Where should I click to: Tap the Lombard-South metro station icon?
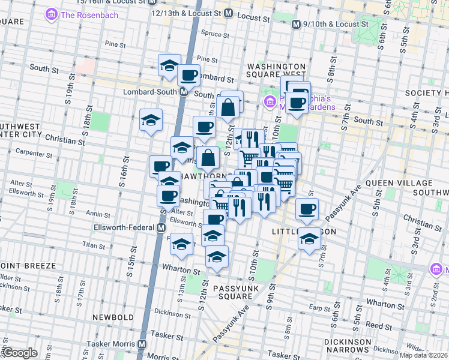tap(184, 92)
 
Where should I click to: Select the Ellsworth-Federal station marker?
tap(161, 228)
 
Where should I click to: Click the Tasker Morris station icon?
tap(142, 344)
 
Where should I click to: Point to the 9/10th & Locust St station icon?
tap(296, 25)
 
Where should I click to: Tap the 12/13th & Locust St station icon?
tap(228, 12)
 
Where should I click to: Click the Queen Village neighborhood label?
tap(399, 183)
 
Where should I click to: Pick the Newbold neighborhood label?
tap(113, 316)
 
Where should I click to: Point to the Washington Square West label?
tap(277, 71)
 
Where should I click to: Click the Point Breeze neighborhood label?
tap(28, 265)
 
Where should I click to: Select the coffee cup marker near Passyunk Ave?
tap(307, 209)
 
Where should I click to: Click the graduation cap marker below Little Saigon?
tap(309, 239)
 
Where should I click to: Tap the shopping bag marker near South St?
tap(231, 108)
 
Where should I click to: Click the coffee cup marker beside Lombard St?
tap(189, 76)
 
